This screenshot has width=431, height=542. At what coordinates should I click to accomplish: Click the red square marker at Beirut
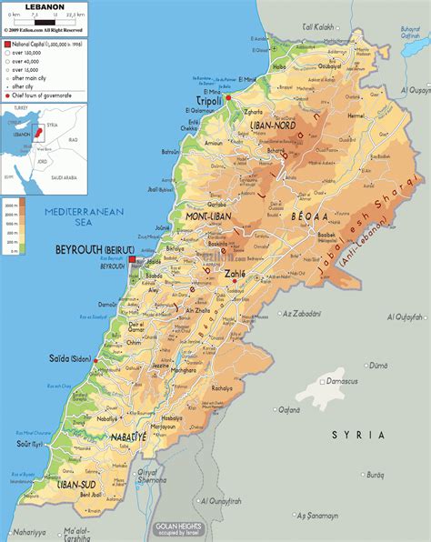click(132, 259)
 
